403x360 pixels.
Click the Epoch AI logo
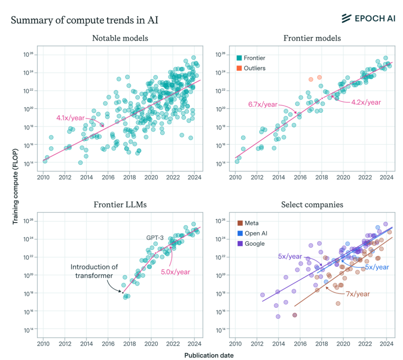(368, 18)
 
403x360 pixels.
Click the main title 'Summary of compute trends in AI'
(84, 20)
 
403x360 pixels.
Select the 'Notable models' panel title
(120, 38)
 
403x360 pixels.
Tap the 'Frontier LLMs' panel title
(120, 205)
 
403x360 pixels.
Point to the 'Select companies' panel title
(312, 205)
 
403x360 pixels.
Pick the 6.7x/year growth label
(263, 105)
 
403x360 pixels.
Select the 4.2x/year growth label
(366, 102)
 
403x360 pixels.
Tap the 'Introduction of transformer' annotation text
(94, 271)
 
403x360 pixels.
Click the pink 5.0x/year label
(175, 272)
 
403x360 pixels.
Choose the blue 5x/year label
(377, 267)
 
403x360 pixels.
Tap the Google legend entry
(253, 243)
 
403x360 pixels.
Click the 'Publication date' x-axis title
(209, 355)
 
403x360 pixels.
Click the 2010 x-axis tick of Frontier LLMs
(43, 344)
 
